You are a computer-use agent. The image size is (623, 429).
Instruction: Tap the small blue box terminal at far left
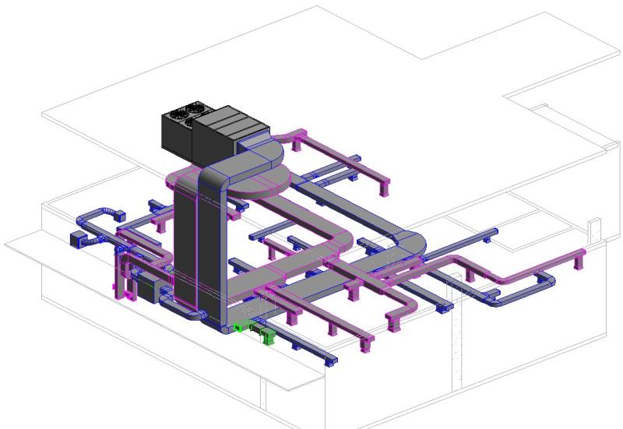click(78, 239)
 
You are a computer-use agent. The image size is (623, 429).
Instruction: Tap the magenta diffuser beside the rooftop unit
click(296, 142)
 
